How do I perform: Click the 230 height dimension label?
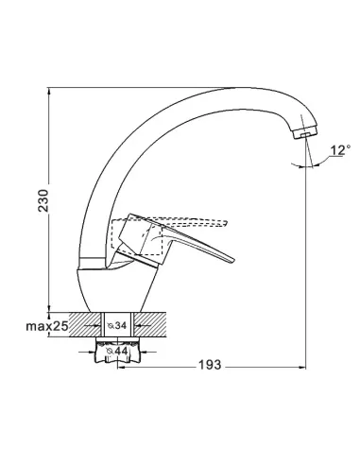(x=43, y=200)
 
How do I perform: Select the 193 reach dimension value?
(x=210, y=365)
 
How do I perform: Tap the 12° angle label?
(x=340, y=150)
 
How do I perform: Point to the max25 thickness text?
(x=47, y=326)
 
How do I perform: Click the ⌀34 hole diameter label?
(x=117, y=325)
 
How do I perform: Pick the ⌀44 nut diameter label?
(x=117, y=351)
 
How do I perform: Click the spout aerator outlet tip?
(x=305, y=135)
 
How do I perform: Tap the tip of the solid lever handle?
(x=233, y=260)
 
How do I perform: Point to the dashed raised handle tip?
(x=227, y=222)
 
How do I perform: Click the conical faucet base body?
(x=117, y=288)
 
